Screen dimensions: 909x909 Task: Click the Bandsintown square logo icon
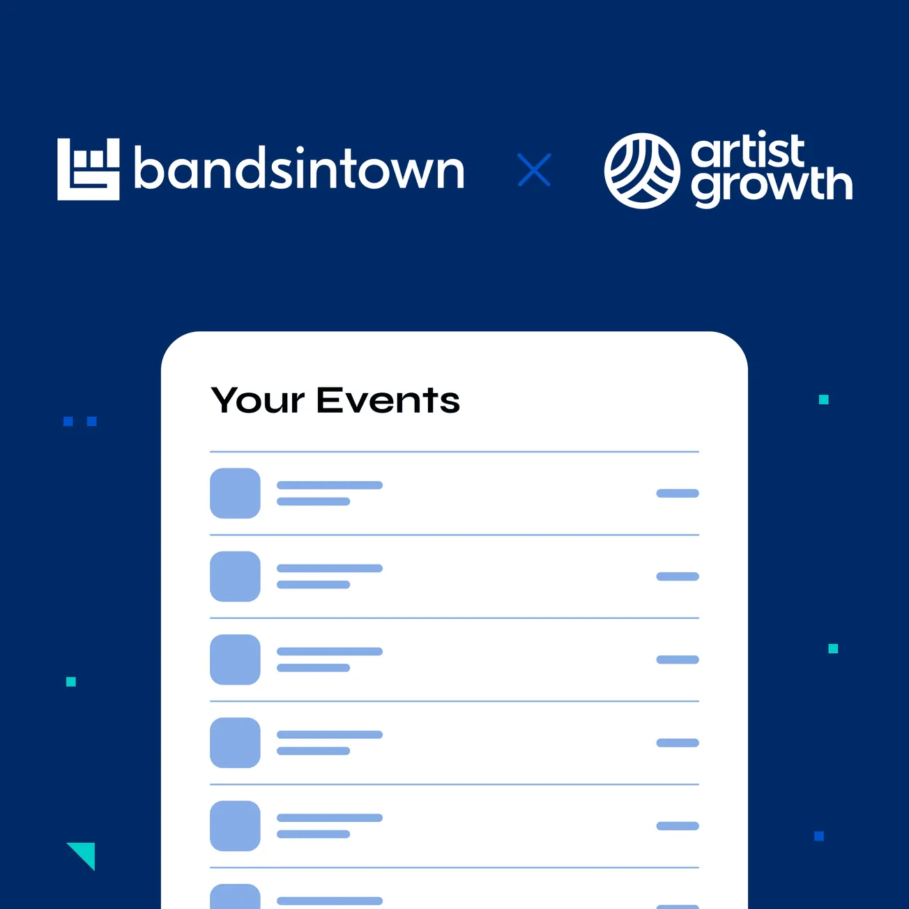89,169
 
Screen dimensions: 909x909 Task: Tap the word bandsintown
299,169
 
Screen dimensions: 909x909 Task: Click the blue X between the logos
534,170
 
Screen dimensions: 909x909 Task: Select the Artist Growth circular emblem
641,171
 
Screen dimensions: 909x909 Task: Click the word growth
772,185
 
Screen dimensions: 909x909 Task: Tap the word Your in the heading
258,401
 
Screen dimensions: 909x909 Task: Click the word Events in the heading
388,401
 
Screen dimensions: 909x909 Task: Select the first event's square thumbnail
236,494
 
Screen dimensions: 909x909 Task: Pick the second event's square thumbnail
236,576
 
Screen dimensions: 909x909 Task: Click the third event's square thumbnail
236,659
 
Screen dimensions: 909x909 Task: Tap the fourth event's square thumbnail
236,743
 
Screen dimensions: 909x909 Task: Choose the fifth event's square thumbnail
236,826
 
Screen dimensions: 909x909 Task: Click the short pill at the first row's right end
678,494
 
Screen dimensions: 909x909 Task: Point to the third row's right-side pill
678,659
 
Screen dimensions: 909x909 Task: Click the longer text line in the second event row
330,568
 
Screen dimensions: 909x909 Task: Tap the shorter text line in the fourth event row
314,751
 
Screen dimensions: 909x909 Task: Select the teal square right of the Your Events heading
824,399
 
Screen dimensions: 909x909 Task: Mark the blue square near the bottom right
819,836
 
